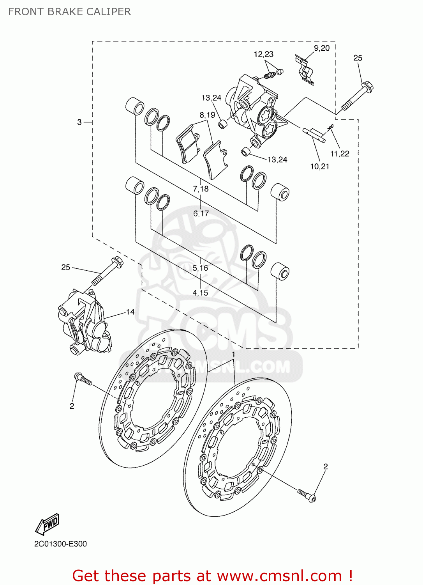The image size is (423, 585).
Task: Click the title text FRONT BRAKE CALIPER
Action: (x=69, y=12)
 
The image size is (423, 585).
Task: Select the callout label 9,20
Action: (x=322, y=48)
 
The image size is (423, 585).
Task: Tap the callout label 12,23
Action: (x=263, y=54)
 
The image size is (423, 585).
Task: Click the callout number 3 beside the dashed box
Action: (x=79, y=122)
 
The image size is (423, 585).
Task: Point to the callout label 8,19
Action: (x=207, y=115)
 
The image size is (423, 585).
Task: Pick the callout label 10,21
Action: (x=319, y=167)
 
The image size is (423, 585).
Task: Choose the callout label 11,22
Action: (x=340, y=154)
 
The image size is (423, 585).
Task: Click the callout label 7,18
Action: (x=201, y=189)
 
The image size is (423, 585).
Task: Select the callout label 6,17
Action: (x=201, y=213)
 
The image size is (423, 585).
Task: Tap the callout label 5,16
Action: (x=200, y=268)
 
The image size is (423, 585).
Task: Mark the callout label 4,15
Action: (x=200, y=292)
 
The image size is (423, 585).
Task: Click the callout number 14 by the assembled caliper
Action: (x=130, y=312)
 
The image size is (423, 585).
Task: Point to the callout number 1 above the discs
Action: (x=233, y=355)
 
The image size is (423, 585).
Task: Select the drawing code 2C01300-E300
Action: (x=60, y=544)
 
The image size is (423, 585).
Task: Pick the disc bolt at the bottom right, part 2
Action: (x=307, y=495)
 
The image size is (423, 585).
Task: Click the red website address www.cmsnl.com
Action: (x=279, y=576)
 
